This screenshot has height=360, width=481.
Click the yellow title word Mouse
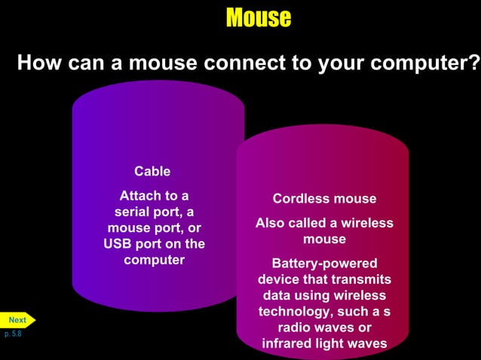tap(258, 17)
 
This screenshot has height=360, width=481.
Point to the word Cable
tap(152, 171)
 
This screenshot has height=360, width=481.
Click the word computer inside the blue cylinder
tap(154, 260)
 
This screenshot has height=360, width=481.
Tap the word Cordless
tap(299, 199)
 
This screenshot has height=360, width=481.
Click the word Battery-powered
tap(324, 264)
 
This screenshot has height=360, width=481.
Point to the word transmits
tap(360, 279)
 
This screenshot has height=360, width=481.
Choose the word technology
tap(296, 312)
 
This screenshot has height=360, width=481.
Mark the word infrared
tap(288, 344)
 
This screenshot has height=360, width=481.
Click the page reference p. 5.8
tap(13, 333)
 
